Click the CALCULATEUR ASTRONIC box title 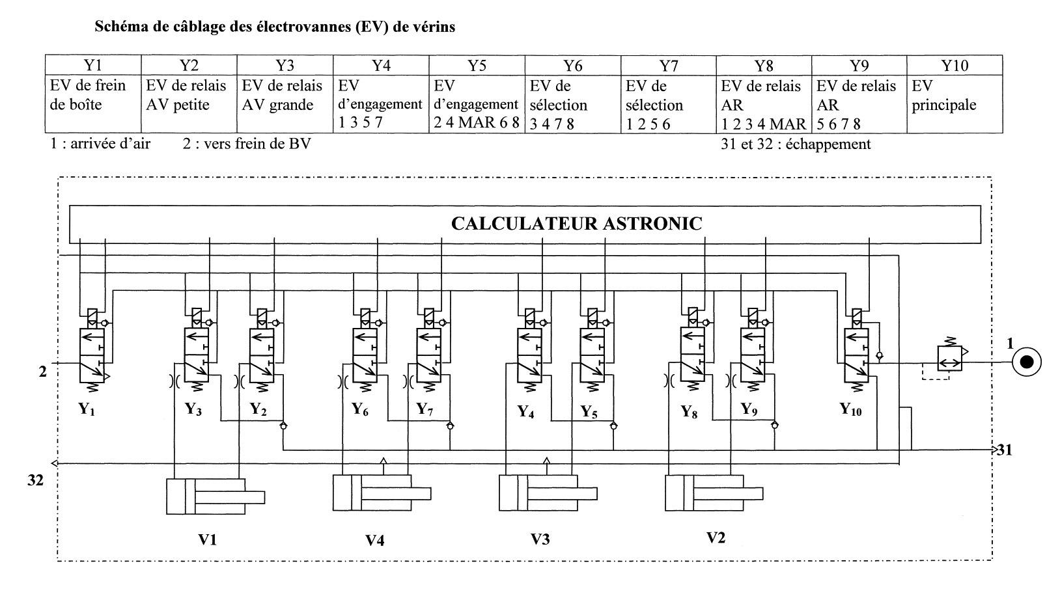coord(576,224)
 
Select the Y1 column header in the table coord(92,65)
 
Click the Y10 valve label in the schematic coord(850,409)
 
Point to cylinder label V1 coord(207,539)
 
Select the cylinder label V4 coord(375,539)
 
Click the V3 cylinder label coord(540,539)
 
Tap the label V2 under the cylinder coord(716,537)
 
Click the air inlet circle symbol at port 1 coord(1026,363)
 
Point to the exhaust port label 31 coord(1004,450)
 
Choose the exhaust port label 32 coord(36,480)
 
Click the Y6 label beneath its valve coord(359,409)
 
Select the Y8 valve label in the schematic coord(689,411)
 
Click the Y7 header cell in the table coord(668,66)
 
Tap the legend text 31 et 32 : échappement coord(796,144)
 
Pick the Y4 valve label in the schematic coord(525,411)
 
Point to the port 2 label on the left coord(43,372)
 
